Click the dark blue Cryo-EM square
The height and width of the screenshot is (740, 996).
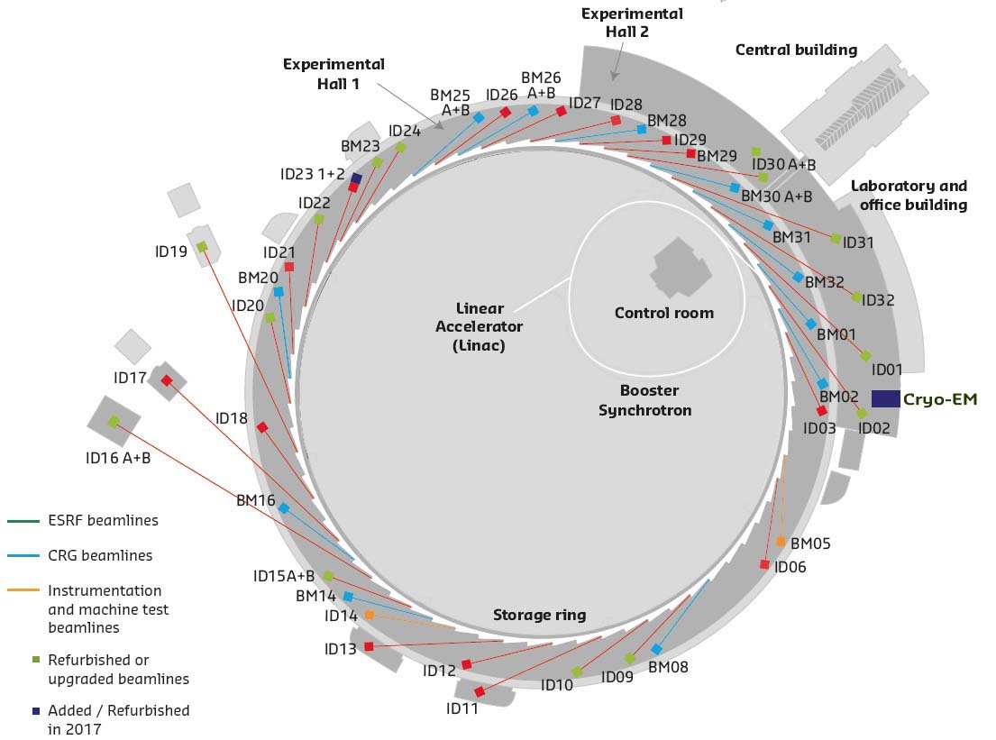885,398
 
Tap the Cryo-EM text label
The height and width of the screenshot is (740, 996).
940,399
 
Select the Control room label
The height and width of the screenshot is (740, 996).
663,314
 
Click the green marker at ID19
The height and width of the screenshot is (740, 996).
202,246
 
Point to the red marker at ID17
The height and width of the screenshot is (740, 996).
166,380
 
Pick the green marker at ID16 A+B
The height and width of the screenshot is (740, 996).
114,421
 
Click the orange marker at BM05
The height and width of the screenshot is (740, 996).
781,542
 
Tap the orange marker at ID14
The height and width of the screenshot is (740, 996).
369,615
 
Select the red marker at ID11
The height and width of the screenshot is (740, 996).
480,691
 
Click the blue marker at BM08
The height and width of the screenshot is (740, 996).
656,649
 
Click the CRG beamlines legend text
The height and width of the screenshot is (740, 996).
100,555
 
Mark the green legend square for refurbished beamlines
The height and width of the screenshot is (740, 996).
35,660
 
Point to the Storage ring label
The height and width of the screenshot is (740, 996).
539,616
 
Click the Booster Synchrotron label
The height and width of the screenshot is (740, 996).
645,400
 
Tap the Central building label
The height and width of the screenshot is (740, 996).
796,50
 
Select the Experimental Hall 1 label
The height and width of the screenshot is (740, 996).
334,74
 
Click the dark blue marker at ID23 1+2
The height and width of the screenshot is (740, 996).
356,178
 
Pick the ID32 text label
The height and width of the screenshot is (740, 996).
878,300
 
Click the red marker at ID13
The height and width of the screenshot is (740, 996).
369,646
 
